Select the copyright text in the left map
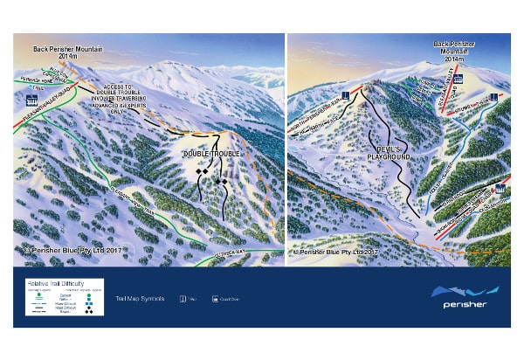point(65,250)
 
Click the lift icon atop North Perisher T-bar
point(347,93)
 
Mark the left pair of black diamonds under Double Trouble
point(203,171)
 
